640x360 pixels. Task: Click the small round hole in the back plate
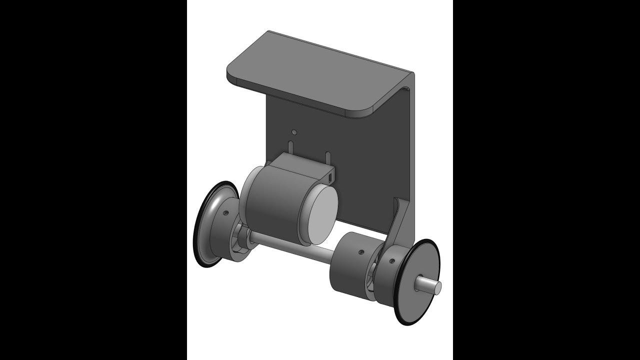pos(294,132)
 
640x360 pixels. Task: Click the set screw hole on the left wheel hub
pos(226,212)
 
